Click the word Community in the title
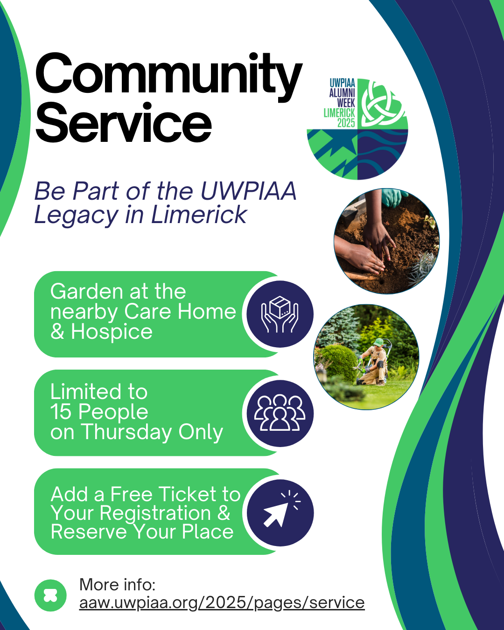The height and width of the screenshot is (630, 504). tap(168, 77)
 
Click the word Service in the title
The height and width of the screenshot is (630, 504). tap(123, 122)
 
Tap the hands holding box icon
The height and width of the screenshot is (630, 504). tap(280, 314)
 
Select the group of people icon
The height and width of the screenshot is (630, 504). tap(280, 413)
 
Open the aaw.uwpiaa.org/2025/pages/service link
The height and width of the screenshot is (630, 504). tap(222, 602)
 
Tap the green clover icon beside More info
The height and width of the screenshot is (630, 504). tap(50, 595)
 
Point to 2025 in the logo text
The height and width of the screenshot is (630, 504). tap(346, 123)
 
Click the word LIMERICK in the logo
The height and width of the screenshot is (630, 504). tap(339, 113)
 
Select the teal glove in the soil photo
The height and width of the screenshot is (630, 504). tap(393, 198)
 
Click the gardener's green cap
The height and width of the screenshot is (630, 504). tap(378, 342)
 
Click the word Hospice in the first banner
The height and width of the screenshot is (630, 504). tap(112, 331)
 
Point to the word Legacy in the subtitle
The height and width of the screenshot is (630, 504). tap(76, 215)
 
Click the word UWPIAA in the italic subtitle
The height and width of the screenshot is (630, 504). tap(248, 191)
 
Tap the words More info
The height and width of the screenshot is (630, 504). tap(117, 584)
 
